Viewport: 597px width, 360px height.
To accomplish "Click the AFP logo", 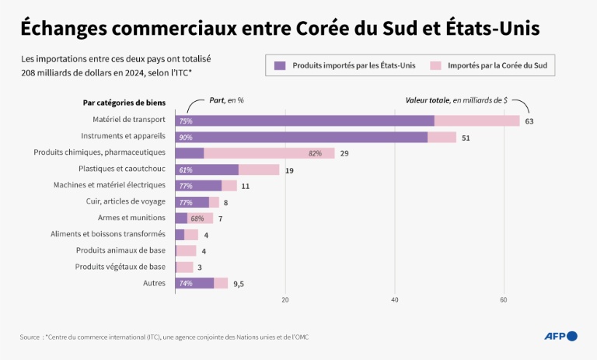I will pyautogui.click(x=560, y=336).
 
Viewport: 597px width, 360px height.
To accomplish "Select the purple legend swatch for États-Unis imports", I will pyautogui.click(x=280, y=65).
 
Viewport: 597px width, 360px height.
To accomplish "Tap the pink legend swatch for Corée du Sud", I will pyautogui.click(x=435, y=65).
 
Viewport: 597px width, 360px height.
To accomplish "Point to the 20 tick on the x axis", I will pyautogui.click(x=285, y=299).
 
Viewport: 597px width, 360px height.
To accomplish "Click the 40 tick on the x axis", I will pyautogui.click(x=395, y=299).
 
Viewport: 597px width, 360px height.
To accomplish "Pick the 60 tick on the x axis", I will pyautogui.click(x=504, y=299).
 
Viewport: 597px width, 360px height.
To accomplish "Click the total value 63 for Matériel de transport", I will pyautogui.click(x=529, y=121).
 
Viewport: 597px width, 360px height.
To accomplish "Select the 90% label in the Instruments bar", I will pyautogui.click(x=186, y=138).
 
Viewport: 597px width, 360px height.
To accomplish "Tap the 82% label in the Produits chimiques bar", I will pyautogui.click(x=315, y=153).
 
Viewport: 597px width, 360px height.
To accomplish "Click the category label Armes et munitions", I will pyautogui.click(x=131, y=218).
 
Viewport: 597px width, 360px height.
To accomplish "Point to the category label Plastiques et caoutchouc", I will pyautogui.click(x=122, y=170).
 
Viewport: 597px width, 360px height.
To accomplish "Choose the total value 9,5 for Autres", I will pyautogui.click(x=239, y=284).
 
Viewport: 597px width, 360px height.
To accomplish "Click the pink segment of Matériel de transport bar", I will pyautogui.click(x=477, y=121).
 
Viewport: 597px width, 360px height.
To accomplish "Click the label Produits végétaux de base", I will pyautogui.click(x=120, y=267).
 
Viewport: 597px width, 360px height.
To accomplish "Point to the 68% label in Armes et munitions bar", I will pyautogui.click(x=197, y=218).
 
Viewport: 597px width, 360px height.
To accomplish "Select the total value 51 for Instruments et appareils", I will pyautogui.click(x=466, y=138).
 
